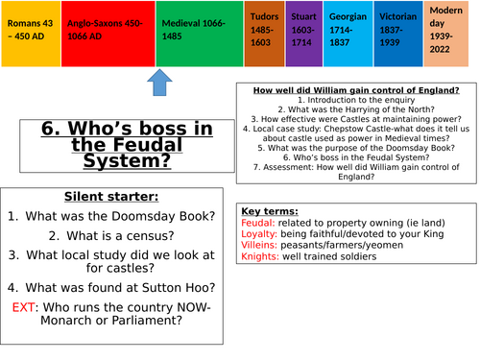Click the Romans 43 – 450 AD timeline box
click(30, 34)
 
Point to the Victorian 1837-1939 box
click(396, 34)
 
